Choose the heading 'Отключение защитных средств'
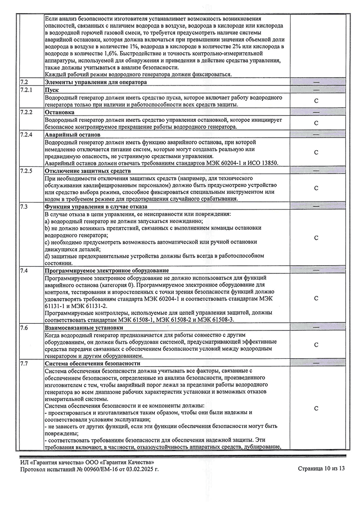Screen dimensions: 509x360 (x=88, y=171)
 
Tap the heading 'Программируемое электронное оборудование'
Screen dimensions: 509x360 (x=107, y=271)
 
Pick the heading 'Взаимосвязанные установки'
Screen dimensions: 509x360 (x=84, y=328)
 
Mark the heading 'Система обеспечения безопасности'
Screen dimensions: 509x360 (x=93, y=363)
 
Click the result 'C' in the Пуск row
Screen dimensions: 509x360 (x=316, y=101)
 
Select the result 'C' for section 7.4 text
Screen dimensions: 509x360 (x=316, y=298)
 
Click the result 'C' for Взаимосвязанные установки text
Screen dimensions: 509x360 (x=316, y=345)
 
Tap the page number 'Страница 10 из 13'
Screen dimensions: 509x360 (x=321, y=469)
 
